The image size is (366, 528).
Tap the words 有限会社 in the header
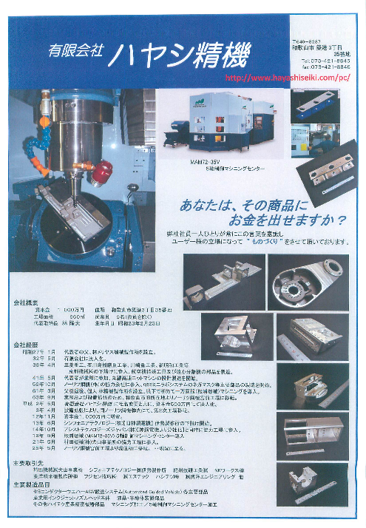point(75,53)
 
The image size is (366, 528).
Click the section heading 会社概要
point(25,302)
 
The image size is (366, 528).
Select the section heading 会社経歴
point(25,345)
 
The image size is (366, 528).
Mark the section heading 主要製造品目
point(29,485)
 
